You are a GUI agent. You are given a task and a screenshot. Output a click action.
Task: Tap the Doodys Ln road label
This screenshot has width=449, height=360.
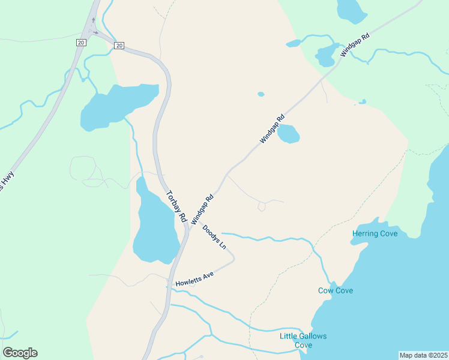214,237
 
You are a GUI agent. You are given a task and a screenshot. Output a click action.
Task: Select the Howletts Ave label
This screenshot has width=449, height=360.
194,279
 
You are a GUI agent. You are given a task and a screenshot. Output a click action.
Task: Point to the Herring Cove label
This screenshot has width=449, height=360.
375,233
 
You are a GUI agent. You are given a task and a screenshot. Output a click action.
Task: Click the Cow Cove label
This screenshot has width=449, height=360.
335,291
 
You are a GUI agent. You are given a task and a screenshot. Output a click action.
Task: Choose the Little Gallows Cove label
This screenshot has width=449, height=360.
303,340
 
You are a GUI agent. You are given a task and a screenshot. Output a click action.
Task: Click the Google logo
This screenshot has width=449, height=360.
20,353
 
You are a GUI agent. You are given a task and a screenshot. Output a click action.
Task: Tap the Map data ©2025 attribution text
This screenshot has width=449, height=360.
423,355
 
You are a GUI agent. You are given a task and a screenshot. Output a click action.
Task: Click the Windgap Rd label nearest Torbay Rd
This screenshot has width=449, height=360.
202,209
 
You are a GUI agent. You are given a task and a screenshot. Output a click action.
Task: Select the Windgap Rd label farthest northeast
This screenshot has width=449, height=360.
354,44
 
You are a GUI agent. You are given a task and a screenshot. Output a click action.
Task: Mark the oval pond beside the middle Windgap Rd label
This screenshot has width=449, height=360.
289,134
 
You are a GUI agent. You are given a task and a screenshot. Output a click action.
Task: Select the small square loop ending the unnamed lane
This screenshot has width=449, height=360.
261,207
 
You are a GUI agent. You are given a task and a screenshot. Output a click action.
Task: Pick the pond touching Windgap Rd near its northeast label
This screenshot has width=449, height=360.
327,55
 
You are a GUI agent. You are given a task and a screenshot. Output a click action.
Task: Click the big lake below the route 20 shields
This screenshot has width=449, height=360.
117,107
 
